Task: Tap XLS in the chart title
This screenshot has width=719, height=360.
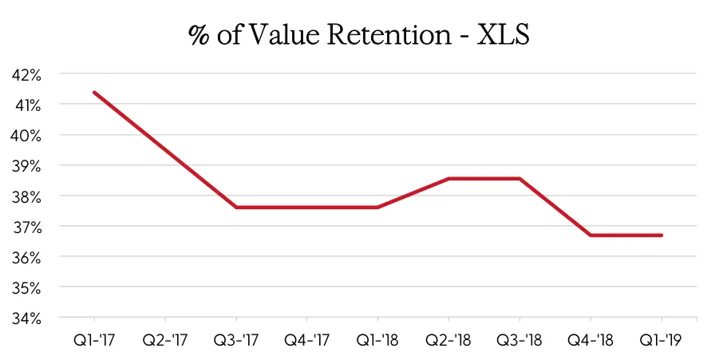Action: tap(500, 36)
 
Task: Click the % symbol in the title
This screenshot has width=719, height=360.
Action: tap(197, 37)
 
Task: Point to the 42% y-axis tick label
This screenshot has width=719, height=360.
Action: tap(28, 74)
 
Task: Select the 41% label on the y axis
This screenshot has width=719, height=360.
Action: tap(28, 105)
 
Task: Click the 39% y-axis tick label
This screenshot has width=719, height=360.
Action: tap(28, 166)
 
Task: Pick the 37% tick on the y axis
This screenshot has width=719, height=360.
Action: tap(28, 227)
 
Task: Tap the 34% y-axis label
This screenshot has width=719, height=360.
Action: tap(28, 318)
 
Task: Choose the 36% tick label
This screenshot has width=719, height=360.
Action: tap(28, 257)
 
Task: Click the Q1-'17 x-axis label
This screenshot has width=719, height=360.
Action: tap(94, 339)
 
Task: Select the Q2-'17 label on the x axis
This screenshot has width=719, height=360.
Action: tap(165, 339)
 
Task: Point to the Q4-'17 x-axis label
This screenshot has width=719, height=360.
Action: tap(307, 339)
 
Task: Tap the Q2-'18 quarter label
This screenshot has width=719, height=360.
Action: tap(449, 339)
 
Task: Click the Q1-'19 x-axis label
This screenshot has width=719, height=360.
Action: tap(662, 339)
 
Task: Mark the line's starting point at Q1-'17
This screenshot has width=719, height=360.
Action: tap(94, 93)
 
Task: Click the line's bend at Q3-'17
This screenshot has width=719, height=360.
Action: tap(236, 207)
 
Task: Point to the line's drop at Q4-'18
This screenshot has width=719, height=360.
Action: tap(591, 235)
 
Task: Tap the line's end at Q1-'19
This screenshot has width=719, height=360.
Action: tap(662, 235)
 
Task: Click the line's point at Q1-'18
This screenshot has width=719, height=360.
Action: tap(378, 207)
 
